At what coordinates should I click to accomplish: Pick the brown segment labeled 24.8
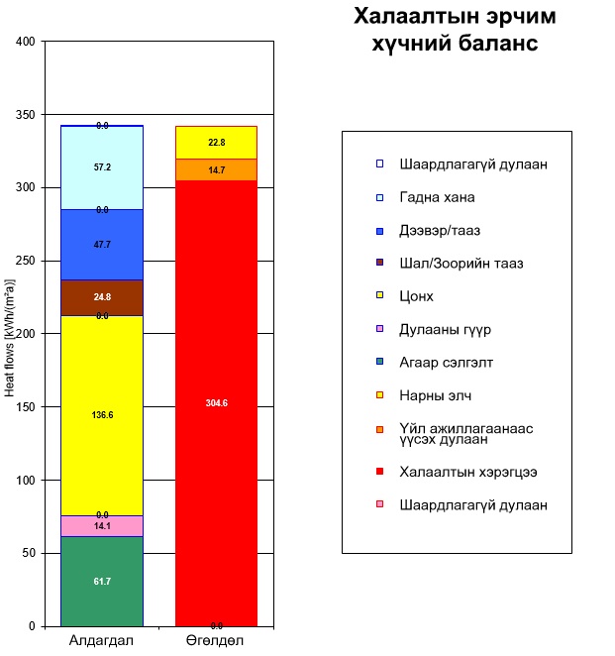(102, 297)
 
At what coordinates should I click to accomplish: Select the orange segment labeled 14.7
(216, 170)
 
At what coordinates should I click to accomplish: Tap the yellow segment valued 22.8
(216, 143)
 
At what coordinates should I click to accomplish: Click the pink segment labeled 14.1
(102, 526)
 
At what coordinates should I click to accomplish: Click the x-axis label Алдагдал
(101, 641)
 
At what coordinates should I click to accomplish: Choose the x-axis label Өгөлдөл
(216, 641)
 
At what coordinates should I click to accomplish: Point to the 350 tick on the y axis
(24, 115)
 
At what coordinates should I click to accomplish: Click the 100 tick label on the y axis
(24, 481)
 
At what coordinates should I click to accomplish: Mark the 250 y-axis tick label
(24, 261)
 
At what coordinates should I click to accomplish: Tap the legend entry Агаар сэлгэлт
(446, 363)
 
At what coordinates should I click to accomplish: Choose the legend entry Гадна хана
(437, 197)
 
